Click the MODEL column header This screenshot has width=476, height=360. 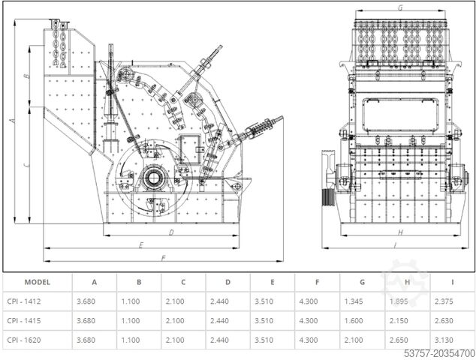pyautogui.click(x=38, y=282)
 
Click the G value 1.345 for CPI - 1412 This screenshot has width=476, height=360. pyautogui.click(x=354, y=301)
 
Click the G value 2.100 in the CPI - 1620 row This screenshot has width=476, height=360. pyautogui.click(x=354, y=340)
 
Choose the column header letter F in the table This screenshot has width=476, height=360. pyautogui.click(x=318, y=282)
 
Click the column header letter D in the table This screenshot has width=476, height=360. pyautogui.click(x=228, y=282)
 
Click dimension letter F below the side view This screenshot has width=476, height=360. pyautogui.click(x=163, y=258)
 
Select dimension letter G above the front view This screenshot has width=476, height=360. pyautogui.click(x=400, y=7)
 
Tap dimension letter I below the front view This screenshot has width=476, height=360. pyautogui.click(x=395, y=244)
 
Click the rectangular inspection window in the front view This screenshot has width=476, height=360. pyautogui.click(x=400, y=115)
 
